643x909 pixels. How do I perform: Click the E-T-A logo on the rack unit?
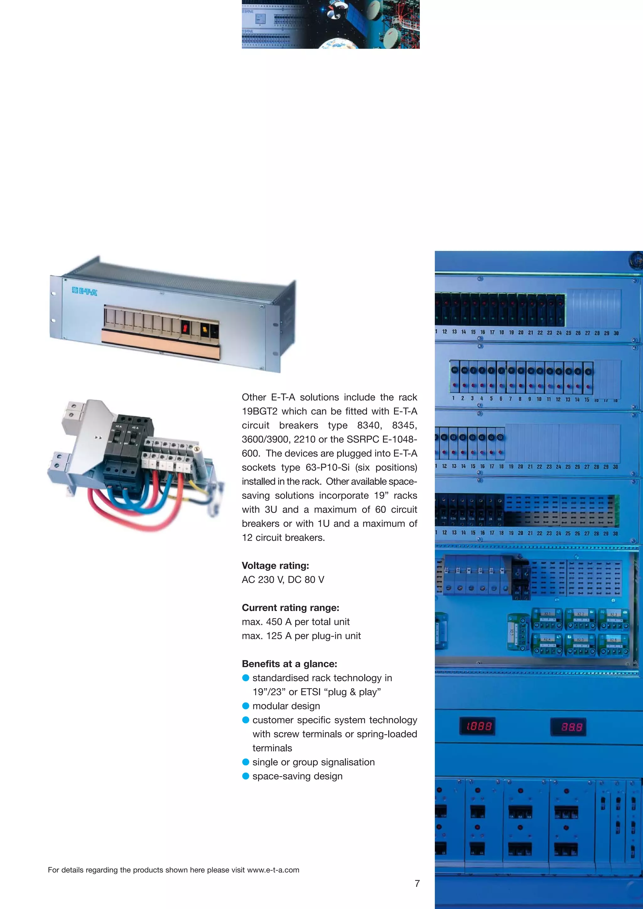pos(84,292)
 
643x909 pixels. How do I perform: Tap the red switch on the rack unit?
pos(185,327)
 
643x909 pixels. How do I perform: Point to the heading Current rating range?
pos(290,607)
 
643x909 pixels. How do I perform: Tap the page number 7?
pos(417,883)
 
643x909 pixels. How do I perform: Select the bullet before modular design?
pos(246,706)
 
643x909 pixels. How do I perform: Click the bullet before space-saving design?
pos(246,776)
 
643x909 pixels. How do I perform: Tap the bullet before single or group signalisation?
pos(246,762)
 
